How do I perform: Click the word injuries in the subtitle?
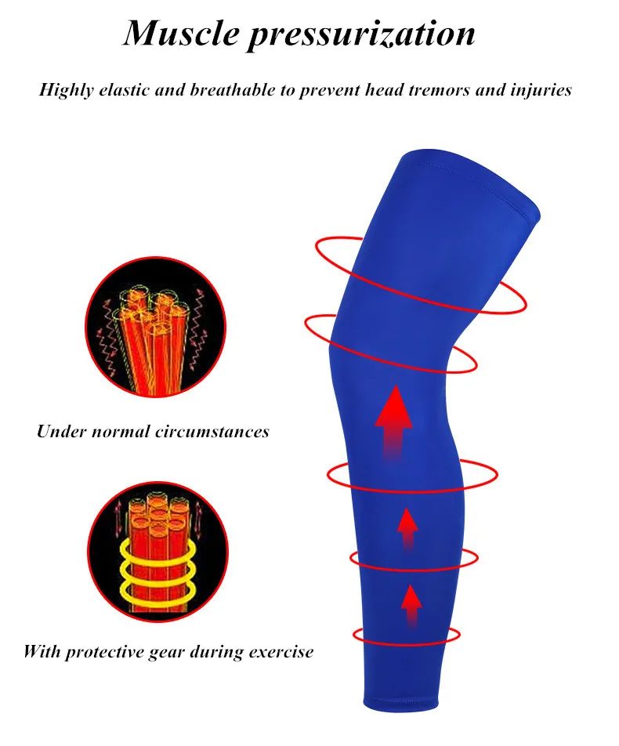[x=541, y=90]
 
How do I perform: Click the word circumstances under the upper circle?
[x=212, y=432]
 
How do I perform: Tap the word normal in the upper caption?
[x=121, y=432]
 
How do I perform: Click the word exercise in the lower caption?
[x=281, y=651]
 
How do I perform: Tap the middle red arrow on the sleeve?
[x=407, y=529]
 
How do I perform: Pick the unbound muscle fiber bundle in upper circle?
[x=151, y=338]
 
